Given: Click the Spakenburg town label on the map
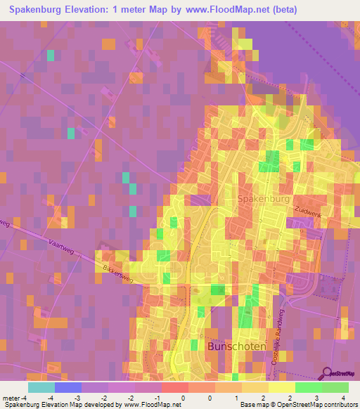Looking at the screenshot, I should [264, 200].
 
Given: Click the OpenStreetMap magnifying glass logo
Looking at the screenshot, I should [328, 373].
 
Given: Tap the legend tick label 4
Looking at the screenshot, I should [344, 397].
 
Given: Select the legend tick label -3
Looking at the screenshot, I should [78, 397].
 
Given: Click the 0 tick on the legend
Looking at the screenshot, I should [184, 397].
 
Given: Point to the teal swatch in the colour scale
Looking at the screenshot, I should [41, 387].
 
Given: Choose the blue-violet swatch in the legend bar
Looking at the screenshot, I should [68, 387].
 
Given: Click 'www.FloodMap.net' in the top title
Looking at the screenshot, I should [226, 10].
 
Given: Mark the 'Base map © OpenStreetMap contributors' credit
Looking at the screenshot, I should [298, 405].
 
